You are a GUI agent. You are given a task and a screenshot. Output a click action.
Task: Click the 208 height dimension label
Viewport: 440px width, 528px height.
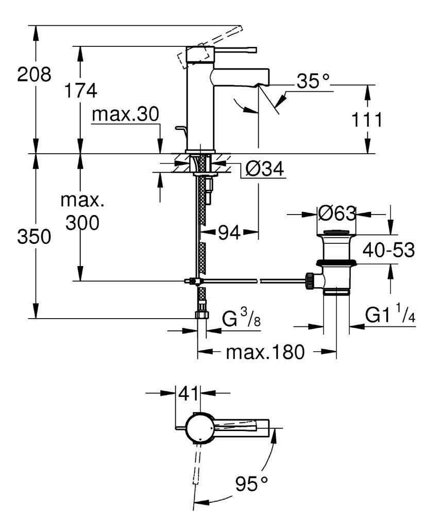coord(34,75)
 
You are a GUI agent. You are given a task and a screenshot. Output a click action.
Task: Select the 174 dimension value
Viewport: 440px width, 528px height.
coord(80,91)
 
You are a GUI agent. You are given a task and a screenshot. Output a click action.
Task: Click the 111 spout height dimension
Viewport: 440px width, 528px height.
coord(366,120)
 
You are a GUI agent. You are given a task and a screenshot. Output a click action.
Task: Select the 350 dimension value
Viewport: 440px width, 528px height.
coord(34,237)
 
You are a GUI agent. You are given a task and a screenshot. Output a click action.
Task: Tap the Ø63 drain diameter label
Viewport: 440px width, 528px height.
coord(337,213)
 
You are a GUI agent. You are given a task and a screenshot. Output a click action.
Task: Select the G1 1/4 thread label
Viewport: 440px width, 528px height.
coord(390,315)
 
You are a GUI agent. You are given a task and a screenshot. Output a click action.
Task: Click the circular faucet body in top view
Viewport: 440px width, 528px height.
coord(199,427)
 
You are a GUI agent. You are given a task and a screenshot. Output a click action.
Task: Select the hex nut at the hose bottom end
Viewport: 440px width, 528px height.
coord(201,315)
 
